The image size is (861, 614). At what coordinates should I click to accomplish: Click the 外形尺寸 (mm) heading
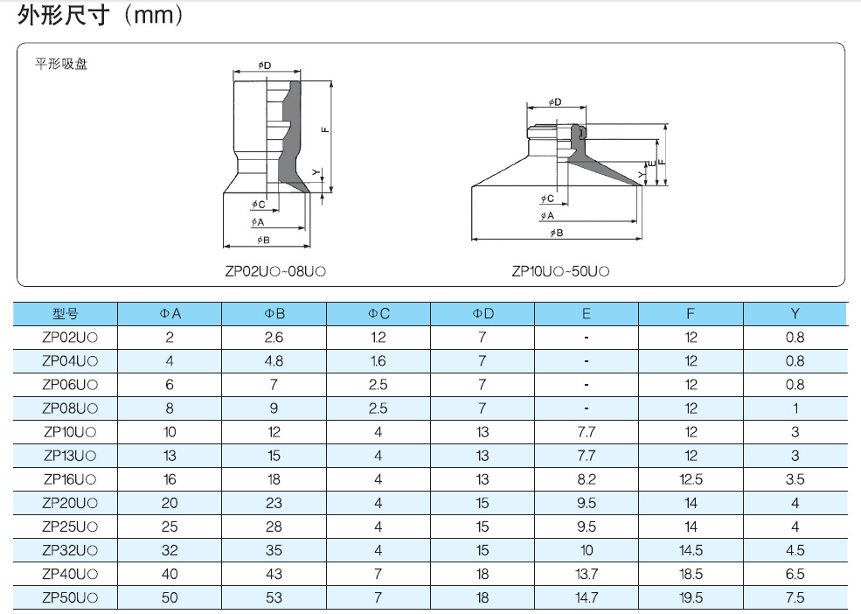100,15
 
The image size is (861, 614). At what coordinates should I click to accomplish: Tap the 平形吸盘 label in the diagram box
61,64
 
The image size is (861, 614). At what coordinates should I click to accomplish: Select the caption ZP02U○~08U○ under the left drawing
275,271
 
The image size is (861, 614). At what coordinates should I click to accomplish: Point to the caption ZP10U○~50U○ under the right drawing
560,271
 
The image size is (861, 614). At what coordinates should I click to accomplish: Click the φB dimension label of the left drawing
263,240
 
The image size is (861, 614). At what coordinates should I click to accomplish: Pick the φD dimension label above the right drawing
554,101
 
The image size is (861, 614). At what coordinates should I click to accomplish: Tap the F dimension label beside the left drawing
325,129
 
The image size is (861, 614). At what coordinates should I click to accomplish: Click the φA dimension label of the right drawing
547,215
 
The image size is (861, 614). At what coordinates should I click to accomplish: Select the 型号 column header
66,313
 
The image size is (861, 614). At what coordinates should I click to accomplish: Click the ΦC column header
378,313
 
